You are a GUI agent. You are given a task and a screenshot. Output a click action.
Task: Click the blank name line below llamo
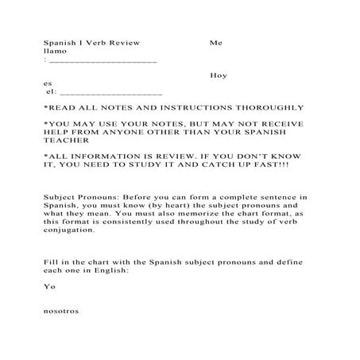coord(103,60)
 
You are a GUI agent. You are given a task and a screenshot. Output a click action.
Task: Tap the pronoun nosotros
coord(60,312)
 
